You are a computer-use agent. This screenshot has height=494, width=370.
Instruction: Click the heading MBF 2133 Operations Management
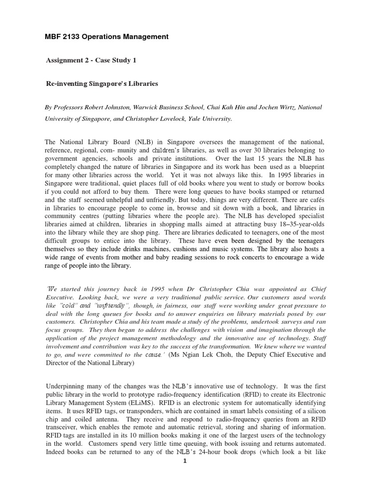click(x=106, y=37)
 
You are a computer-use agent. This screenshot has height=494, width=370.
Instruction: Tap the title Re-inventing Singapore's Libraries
click(x=102, y=83)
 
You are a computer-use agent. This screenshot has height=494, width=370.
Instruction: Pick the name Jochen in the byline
click(x=265, y=107)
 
